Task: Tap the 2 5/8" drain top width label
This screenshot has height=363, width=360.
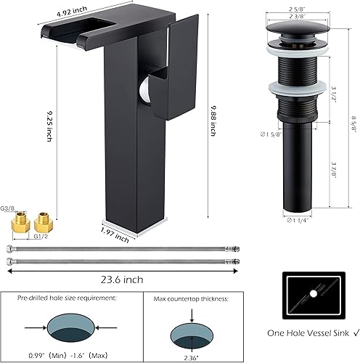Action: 294,9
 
